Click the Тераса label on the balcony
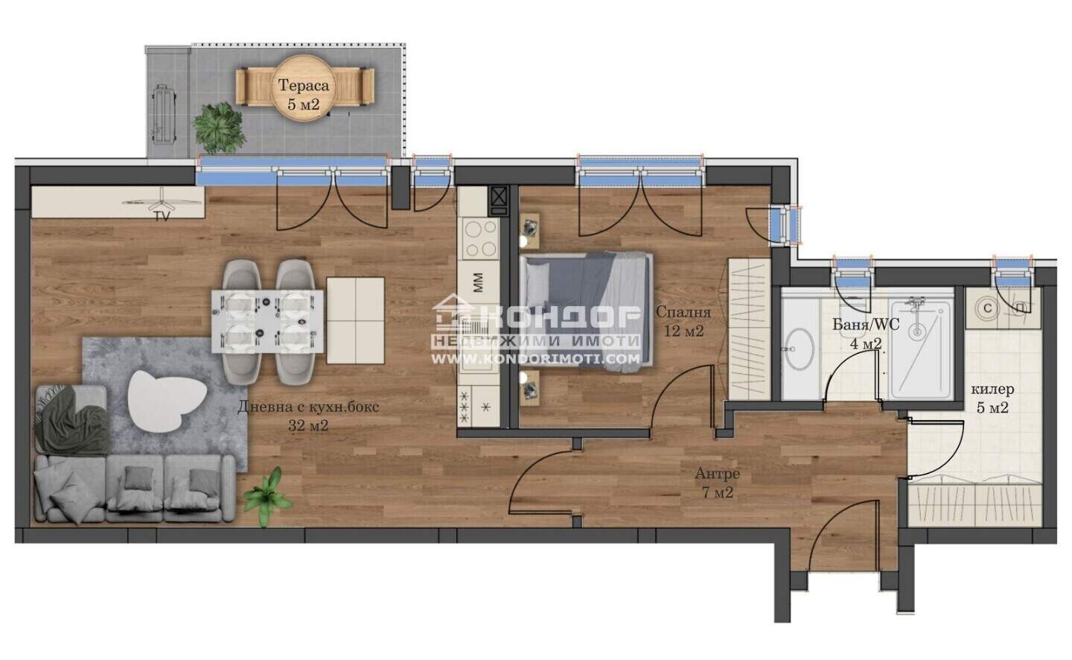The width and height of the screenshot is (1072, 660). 304,86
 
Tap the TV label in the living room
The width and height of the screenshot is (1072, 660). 162,217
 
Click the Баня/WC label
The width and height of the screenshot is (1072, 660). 866,324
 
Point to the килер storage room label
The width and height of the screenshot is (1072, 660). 992,390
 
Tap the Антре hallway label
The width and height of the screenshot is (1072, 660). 717,474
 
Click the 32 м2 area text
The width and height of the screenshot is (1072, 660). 308,425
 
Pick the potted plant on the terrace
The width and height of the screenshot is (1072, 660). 219,127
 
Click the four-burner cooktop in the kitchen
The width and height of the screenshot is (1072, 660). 479,238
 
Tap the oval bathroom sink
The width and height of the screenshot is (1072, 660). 800,349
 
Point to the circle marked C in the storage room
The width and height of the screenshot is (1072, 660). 987,308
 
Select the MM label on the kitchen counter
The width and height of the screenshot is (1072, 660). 479,283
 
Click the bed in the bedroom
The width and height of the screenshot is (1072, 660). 587,312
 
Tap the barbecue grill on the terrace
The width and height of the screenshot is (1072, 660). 163,114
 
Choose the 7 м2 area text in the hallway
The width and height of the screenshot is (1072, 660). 718,493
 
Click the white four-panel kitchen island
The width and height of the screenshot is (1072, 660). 356,320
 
